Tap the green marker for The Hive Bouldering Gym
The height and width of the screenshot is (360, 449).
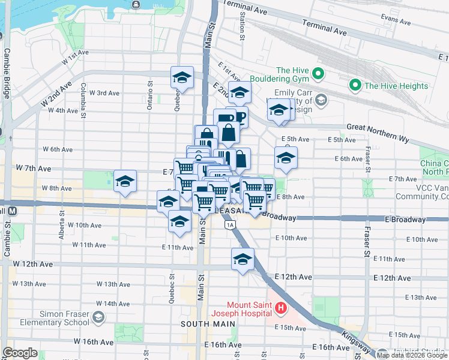(x=318, y=75)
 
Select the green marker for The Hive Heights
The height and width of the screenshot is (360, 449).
(x=355, y=86)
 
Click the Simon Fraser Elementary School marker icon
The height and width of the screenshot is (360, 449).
(x=98, y=317)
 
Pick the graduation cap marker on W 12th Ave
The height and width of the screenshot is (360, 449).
(x=243, y=259)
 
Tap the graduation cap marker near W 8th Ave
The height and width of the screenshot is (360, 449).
(x=125, y=181)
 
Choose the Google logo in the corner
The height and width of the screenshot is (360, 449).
(x=20, y=353)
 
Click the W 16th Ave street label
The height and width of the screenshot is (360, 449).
(x=94, y=341)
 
